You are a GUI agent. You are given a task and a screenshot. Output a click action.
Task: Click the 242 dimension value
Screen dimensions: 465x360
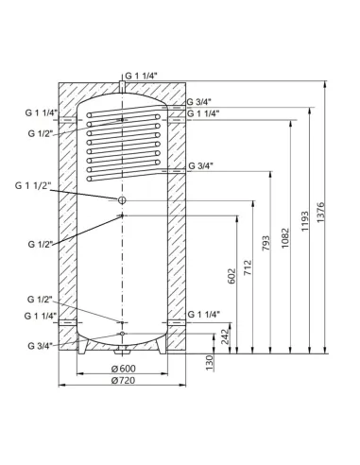[x=226, y=335]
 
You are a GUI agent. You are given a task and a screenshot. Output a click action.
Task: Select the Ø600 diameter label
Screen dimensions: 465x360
[x=122, y=369]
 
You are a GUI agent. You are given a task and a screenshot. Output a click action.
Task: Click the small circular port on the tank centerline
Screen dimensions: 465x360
[x=121, y=200]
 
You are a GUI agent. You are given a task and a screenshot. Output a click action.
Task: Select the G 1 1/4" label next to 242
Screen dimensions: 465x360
[x=204, y=314]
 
